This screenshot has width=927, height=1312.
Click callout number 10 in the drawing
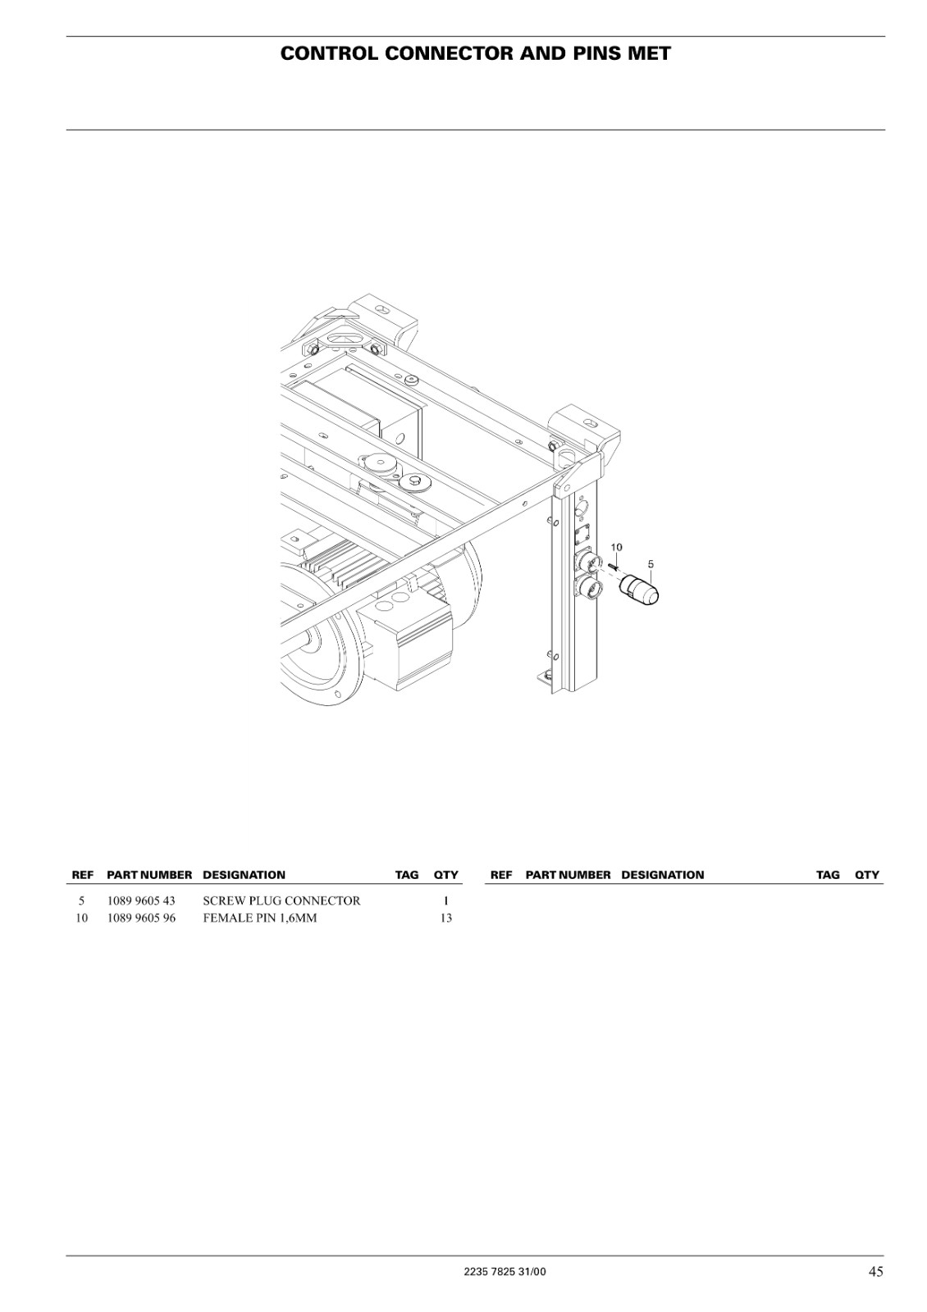pyautogui.click(x=616, y=547)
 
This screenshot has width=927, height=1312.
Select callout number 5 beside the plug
pyautogui.click(x=651, y=564)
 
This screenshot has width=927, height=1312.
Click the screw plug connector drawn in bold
pyautogui.click(x=639, y=590)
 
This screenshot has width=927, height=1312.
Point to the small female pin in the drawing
pyautogui.click(x=613, y=566)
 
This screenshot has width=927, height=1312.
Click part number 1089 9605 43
pyautogui.click(x=141, y=901)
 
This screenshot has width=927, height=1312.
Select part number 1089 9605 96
pyautogui.click(x=141, y=918)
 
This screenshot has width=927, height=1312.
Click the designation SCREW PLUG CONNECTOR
pyautogui.click(x=282, y=901)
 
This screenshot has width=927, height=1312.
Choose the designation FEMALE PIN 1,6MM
pyautogui.click(x=260, y=918)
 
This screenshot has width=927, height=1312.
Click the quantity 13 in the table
pyautogui.click(x=446, y=918)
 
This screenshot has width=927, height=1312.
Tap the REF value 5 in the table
pyautogui.click(x=81, y=901)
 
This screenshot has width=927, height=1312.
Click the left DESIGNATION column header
pyautogui.click(x=244, y=875)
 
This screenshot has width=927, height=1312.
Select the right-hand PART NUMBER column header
pyautogui.click(x=568, y=875)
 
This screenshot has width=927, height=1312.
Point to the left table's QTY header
pyautogui.click(x=446, y=875)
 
